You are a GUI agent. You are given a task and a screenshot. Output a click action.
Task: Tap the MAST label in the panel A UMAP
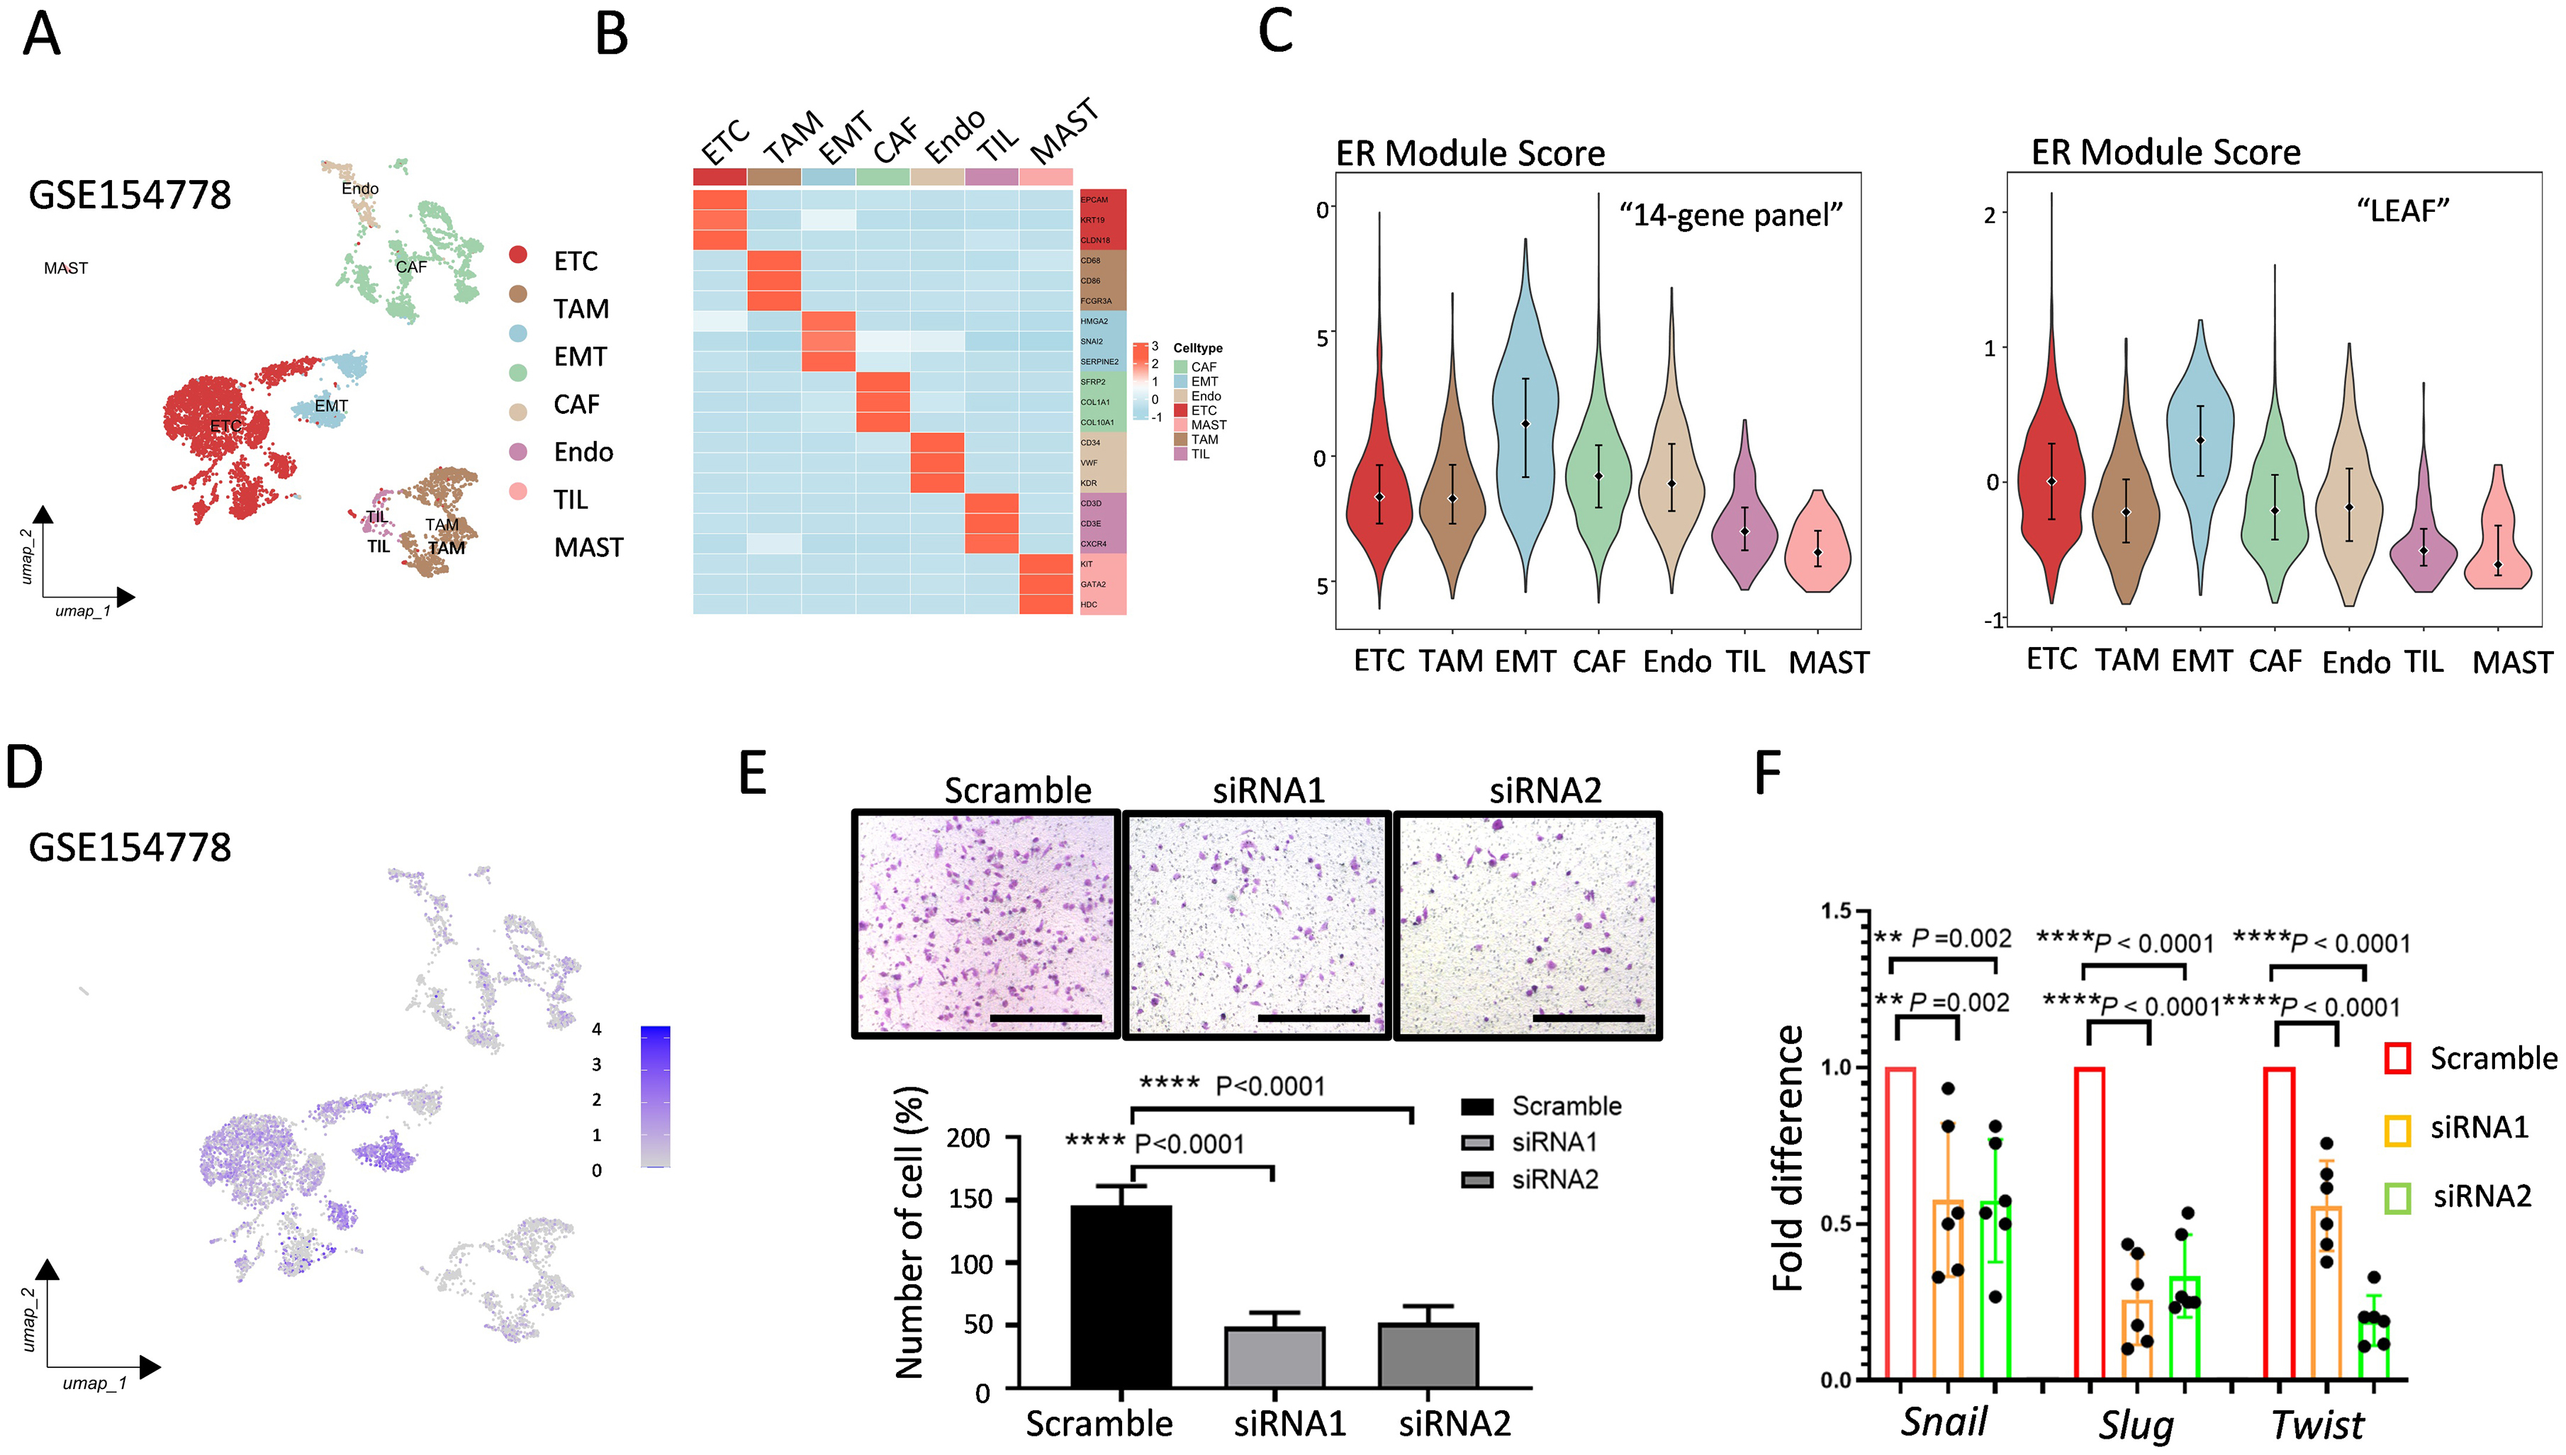click(x=66, y=268)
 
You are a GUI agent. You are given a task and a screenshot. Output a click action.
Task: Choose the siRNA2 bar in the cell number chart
click(x=1428, y=1355)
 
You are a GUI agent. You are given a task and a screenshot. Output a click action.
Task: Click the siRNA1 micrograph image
click(x=1257, y=924)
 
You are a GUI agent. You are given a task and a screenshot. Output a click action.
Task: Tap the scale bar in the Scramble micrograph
click(x=1046, y=1018)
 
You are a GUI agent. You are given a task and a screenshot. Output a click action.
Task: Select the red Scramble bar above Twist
click(x=2278, y=1223)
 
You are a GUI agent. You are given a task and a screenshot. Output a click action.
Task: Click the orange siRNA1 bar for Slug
click(x=2137, y=1339)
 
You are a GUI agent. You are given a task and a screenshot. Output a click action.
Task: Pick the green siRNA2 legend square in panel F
click(x=2398, y=1196)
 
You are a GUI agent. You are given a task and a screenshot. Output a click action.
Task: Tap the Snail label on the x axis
click(x=1944, y=1421)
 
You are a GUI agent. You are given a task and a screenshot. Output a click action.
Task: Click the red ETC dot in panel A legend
click(x=517, y=255)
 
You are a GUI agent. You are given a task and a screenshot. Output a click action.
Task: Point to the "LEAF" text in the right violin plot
click(x=2403, y=211)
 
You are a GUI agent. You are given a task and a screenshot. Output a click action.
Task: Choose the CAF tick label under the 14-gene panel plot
click(x=1598, y=661)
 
